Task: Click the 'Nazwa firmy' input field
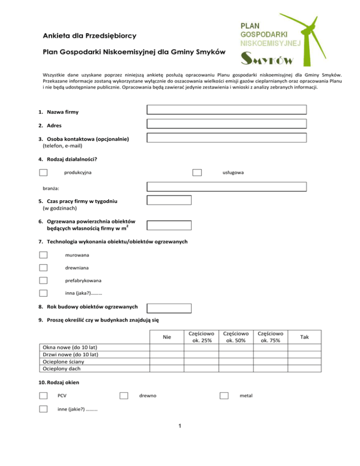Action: pos(226,110)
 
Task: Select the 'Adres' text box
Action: pos(226,124)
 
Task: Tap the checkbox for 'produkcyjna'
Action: pos(43,173)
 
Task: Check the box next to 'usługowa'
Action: pos(197,173)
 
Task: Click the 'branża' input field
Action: pos(226,187)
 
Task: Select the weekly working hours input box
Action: pos(169,200)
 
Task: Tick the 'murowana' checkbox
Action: pos(43,255)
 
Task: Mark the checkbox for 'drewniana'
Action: pos(43,268)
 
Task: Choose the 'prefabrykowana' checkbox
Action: pos(43,281)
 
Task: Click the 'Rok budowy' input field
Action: pos(169,308)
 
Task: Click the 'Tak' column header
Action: pos(305,337)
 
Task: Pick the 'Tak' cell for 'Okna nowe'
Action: pos(305,347)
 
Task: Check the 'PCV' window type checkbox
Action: pos(43,396)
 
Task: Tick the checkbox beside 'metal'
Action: pos(224,396)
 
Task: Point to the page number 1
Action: pos(180,426)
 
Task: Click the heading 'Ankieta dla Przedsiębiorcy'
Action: pos(83,36)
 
